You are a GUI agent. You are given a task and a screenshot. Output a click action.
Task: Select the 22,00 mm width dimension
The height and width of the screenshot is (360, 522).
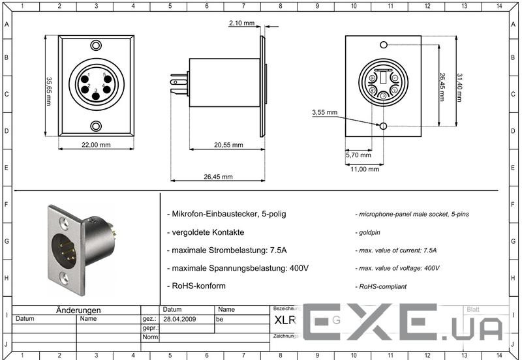[96, 145]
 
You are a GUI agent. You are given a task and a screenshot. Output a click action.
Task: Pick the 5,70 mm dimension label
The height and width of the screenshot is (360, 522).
[358, 155]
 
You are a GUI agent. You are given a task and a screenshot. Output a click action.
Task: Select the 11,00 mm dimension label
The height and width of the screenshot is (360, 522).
[365, 169]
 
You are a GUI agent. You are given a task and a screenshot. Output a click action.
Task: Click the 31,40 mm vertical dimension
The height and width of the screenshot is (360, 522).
[460, 87]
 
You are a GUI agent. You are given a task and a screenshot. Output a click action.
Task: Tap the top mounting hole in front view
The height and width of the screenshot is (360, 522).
[96, 46]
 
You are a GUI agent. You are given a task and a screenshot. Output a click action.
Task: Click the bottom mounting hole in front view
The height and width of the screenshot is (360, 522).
[96, 126]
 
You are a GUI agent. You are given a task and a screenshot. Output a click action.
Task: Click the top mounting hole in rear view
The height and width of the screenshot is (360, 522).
[384, 44]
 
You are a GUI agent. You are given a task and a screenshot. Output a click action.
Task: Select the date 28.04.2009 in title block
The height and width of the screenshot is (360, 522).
[179, 320]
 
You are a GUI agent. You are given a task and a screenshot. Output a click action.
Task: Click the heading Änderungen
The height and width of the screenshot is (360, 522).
[78, 310]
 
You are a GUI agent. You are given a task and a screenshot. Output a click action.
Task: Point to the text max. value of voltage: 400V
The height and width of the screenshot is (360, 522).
[397, 268]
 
